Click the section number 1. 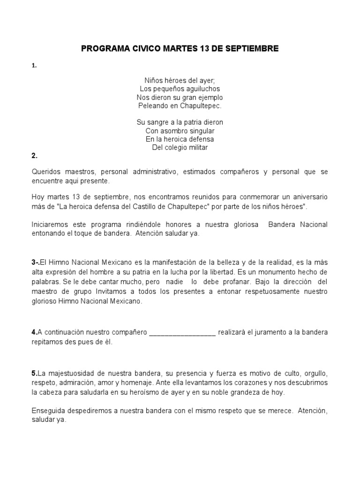point(34,66)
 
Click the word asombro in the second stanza point(178,131)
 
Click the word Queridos point(45,172)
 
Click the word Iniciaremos point(49,224)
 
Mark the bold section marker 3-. point(36,263)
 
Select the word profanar point(240,281)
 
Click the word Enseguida point(49,411)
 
